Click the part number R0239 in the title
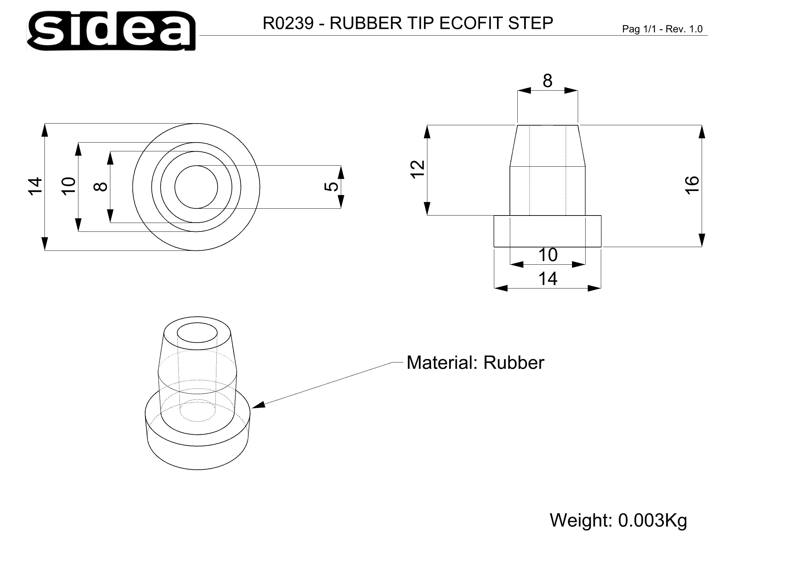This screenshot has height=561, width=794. (288, 23)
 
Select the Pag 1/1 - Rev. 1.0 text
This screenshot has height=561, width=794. (662, 29)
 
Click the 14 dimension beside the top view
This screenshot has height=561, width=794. (35, 187)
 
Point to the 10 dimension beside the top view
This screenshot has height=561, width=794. (69, 187)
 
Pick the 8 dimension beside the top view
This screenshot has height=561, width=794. (100, 187)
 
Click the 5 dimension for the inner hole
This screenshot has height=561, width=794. (331, 187)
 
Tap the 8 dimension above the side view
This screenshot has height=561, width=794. (548, 81)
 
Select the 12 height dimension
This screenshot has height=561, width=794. (418, 169)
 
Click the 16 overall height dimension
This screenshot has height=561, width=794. (692, 185)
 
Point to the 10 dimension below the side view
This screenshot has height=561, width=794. (548, 255)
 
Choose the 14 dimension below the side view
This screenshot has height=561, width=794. (548, 279)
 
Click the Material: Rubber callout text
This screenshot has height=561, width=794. (475, 362)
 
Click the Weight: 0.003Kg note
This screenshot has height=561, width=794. (618, 520)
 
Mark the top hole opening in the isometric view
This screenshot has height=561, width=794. (197, 333)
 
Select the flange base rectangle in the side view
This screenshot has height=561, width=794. (548, 231)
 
